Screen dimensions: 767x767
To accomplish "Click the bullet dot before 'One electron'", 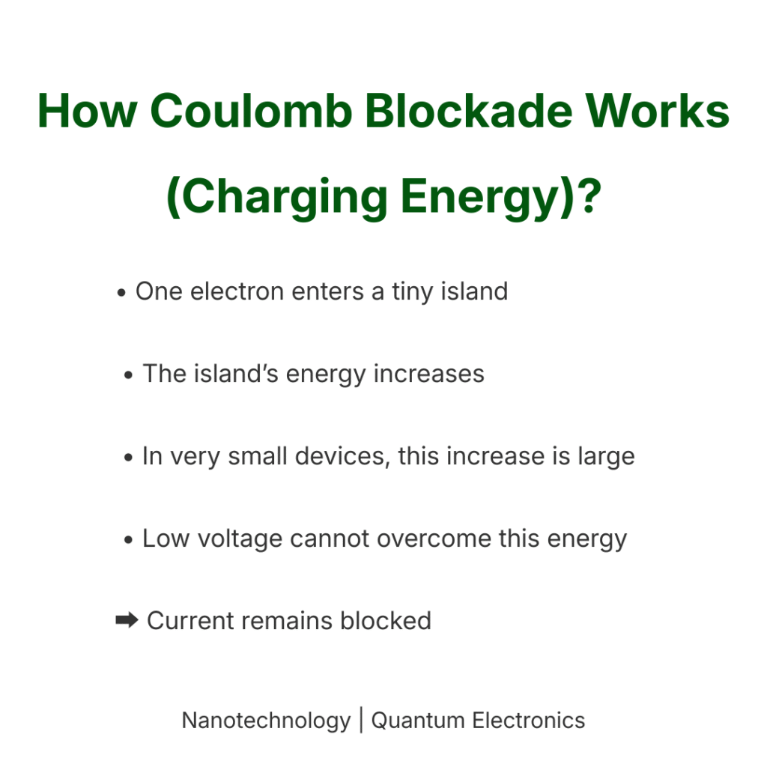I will (121, 293).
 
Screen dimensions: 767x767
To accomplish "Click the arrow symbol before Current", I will (127, 620).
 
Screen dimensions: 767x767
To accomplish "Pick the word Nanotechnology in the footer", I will (266, 721).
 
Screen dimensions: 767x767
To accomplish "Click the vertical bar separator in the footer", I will (361, 721).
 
